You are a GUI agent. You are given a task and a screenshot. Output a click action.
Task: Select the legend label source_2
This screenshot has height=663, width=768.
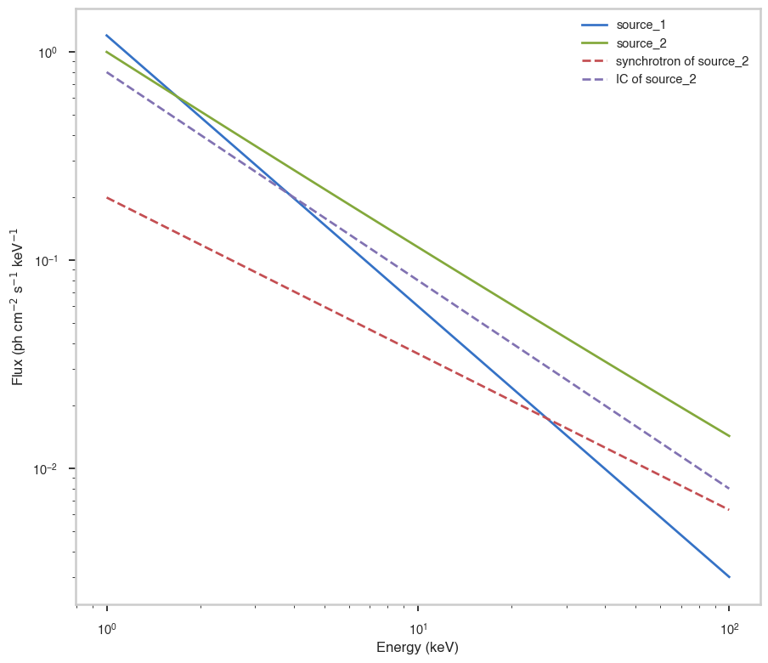tap(641, 42)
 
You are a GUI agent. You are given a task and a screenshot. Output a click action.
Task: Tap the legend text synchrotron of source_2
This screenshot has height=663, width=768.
tap(682, 61)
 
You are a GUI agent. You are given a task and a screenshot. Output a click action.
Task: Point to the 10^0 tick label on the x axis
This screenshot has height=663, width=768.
tap(106, 630)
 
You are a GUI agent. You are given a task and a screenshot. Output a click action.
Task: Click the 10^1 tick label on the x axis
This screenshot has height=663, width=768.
tap(418, 630)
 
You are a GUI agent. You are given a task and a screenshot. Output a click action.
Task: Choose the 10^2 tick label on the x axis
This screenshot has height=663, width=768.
tap(729, 630)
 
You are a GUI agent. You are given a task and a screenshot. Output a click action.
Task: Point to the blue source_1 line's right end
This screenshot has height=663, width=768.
tap(729, 576)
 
